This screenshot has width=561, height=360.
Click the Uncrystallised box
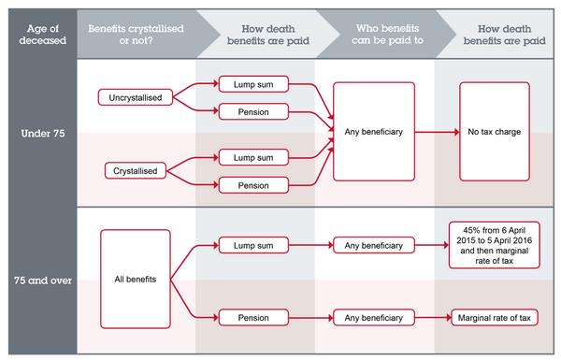pos(132,97)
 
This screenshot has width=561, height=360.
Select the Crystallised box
pos(133,170)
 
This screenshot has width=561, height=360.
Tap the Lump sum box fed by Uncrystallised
pos(251,83)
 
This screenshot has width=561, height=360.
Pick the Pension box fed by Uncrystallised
pos(251,112)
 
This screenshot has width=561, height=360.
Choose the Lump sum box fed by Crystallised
pos(251,157)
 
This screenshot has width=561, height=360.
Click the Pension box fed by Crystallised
pos(251,185)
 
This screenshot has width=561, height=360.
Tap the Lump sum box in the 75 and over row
pos(251,246)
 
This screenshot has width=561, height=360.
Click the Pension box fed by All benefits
pos(251,318)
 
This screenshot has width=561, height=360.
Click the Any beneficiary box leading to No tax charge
pos(372,133)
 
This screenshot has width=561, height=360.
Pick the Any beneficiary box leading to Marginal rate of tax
pos(372,318)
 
